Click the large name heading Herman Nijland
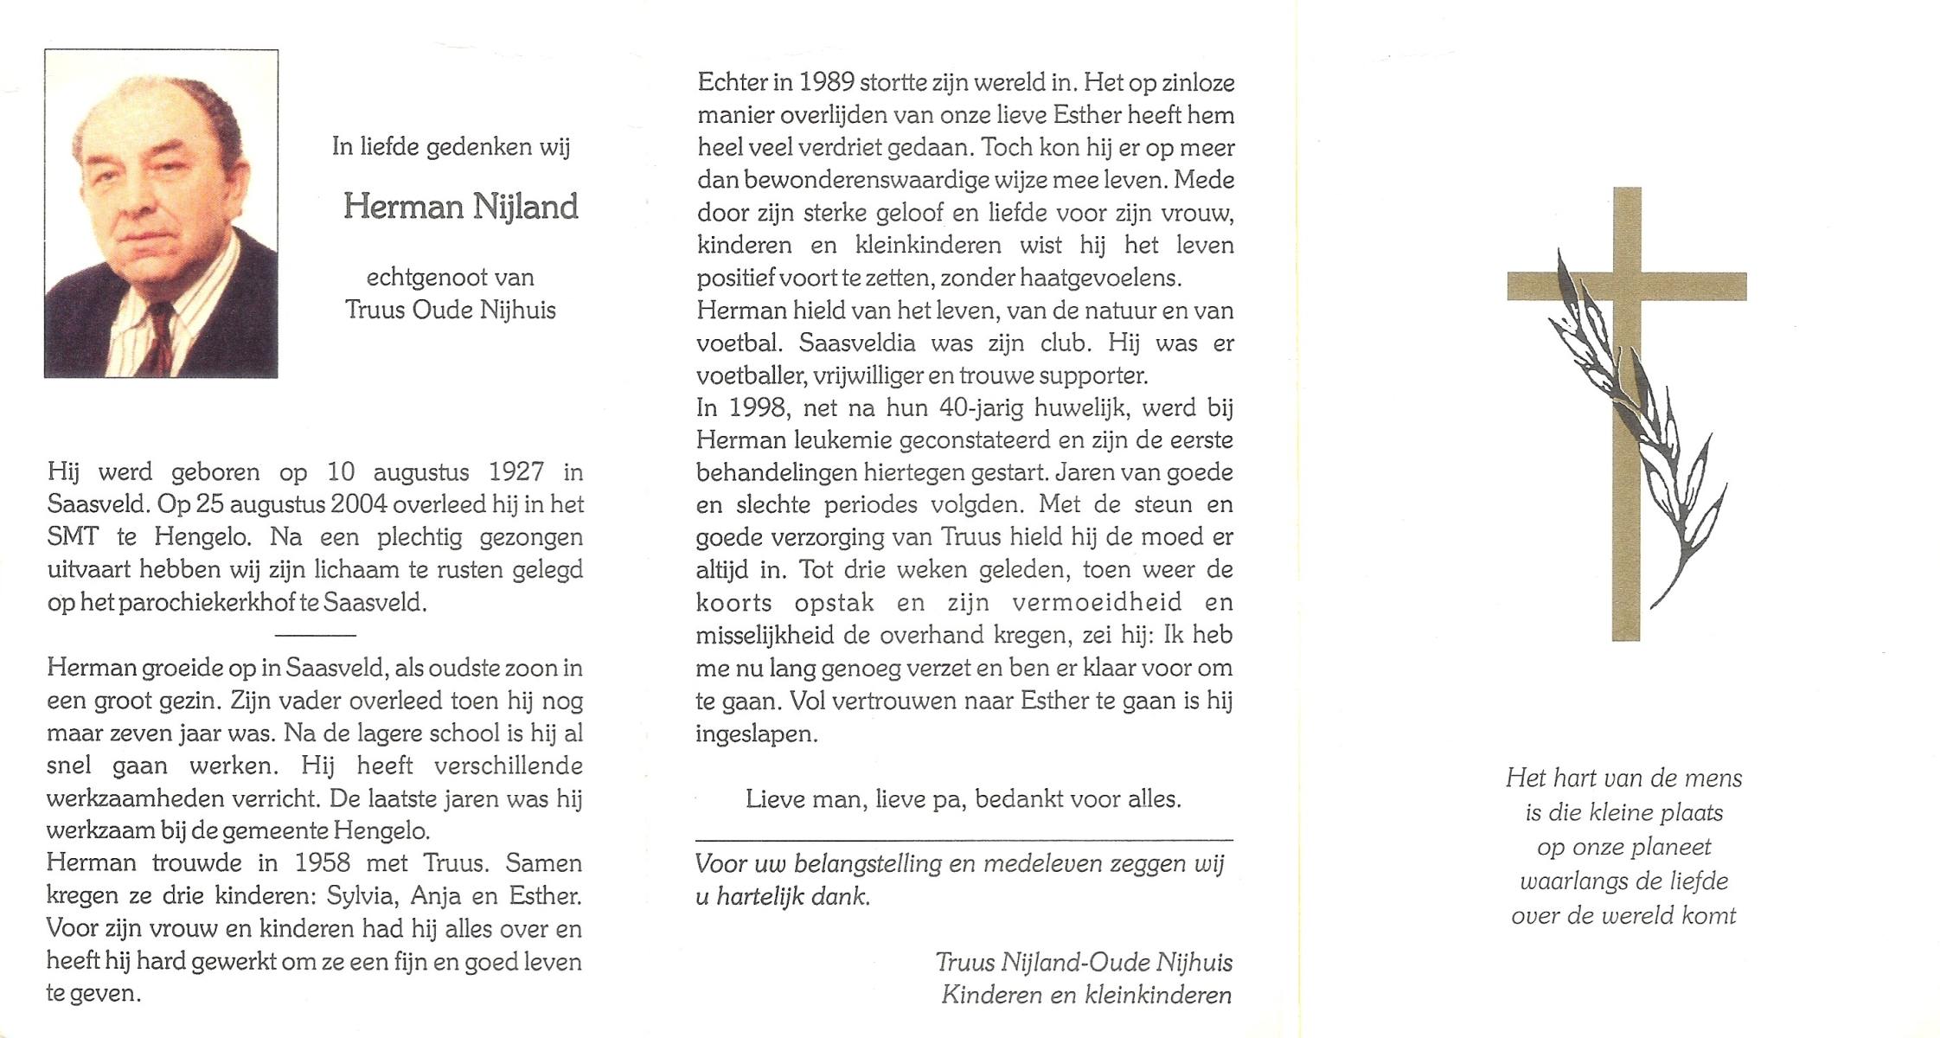[460, 208]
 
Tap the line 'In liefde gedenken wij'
[451, 147]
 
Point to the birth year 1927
[516, 472]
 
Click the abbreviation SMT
[73, 537]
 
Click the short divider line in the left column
[315, 636]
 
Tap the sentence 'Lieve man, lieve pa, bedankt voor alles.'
[963, 798]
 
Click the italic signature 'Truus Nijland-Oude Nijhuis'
[1084, 962]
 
